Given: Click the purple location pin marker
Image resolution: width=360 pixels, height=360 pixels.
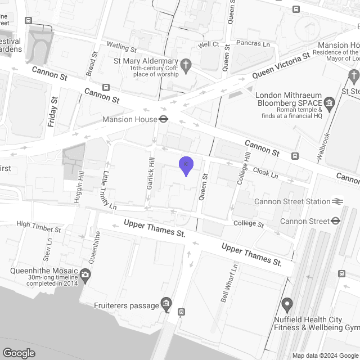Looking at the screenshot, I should (186, 165).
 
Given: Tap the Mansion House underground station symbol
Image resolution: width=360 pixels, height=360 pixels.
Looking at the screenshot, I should (164, 119).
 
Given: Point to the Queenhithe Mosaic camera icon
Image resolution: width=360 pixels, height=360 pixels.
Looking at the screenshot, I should (85, 275).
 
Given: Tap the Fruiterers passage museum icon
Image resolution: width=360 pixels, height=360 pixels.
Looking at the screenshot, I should (166, 305).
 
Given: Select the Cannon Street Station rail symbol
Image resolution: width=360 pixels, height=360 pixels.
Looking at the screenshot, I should (337, 201).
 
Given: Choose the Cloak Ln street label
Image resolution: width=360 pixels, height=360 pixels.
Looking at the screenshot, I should (265, 172).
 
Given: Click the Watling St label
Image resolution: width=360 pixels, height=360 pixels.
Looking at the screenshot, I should (122, 47).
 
